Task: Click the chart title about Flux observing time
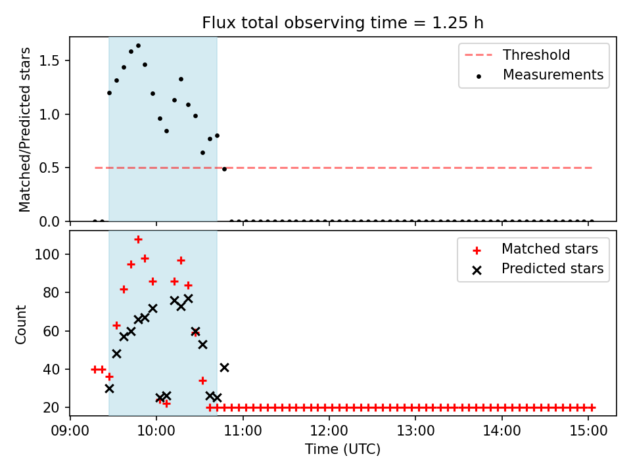pos(342,22)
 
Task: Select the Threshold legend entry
pos(517,55)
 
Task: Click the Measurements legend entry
pos(539,75)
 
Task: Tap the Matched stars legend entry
pos(535,249)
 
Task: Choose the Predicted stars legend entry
pos(538,269)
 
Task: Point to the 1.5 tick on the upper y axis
pos(49,60)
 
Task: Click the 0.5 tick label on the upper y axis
pos(49,168)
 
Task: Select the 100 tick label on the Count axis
pos(47,255)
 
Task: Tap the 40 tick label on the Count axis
pos(51,369)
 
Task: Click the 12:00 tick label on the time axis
pos(329,431)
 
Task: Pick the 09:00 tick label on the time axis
pos(70,431)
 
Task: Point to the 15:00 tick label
pos(588,431)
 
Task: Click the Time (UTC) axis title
pos(342,449)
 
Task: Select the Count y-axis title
pos(20,324)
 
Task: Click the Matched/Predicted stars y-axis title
pos(24,129)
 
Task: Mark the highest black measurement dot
pos(138,46)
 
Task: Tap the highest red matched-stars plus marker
pos(138,240)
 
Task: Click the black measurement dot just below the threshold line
pos(224,169)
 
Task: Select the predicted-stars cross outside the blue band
pos(224,368)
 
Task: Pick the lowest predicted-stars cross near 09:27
pos(109,388)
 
